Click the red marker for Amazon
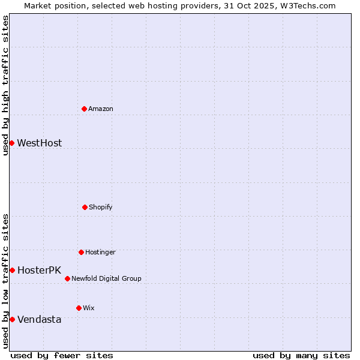[85, 109]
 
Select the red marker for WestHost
[11, 143]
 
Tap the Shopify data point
[85, 207]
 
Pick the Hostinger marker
[81, 252]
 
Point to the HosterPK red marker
[12, 270]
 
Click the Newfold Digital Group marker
[67, 278]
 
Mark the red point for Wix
[79, 308]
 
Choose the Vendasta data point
[12, 319]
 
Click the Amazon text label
[101, 109]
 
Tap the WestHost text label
[39, 143]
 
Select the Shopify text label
[101, 207]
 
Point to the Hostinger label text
[100, 252]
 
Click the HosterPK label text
[39, 270]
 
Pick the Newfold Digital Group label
[106, 278]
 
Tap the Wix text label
[89, 308]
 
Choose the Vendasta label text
[39, 319]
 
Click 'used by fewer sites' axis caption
[62, 355]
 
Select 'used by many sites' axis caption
[301, 355]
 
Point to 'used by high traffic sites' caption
[5, 85]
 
